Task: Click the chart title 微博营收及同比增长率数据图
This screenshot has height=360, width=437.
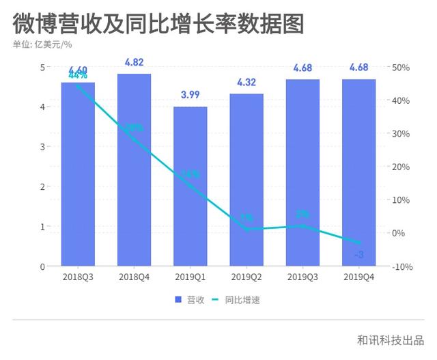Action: [x=158, y=24]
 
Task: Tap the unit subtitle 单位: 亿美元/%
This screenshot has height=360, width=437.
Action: [x=42, y=46]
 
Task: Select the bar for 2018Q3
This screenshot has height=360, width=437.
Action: [x=78, y=174]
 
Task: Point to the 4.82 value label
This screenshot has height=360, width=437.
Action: [x=134, y=62]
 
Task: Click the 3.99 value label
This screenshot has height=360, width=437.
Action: [x=191, y=95]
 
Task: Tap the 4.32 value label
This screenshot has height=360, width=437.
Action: [x=246, y=82]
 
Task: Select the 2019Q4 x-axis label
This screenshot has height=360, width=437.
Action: [x=358, y=277]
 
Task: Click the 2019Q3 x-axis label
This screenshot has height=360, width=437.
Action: [x=302, y=277]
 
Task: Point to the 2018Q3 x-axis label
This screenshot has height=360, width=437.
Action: [x=78, y=277]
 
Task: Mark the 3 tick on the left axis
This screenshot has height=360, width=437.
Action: [x=42, y=147]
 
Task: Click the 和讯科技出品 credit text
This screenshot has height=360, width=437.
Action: [x=390, y=340]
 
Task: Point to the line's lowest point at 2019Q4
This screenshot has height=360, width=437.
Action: [x=358, y=243]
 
